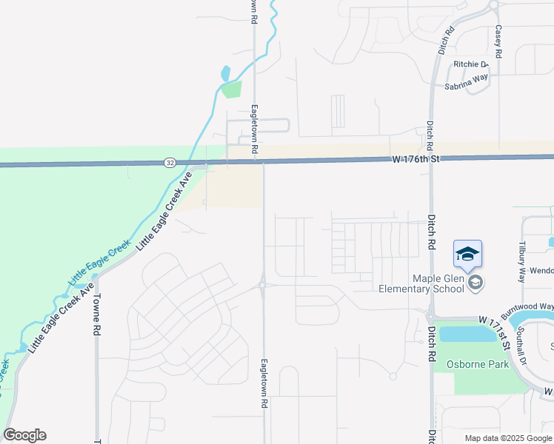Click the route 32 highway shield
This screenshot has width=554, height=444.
click(170, 162)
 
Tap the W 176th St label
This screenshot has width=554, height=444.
click(416, 158)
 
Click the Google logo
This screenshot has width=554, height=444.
click(24, 435)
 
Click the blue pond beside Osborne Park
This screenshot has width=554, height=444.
click(467, 334)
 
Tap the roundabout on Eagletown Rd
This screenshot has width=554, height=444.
click(263, 285)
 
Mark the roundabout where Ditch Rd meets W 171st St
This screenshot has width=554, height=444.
click(430, 315)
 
